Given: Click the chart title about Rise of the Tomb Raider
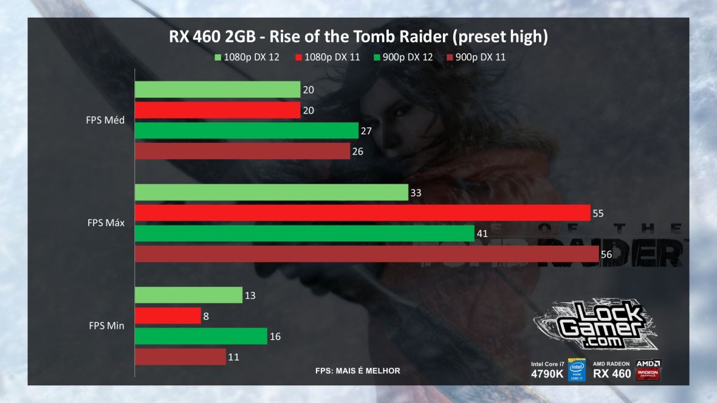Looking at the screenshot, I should pos(358,37).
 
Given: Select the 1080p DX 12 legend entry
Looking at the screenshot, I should pos(247,57).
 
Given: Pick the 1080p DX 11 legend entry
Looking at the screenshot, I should pos(329,57).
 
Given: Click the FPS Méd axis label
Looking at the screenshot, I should pos(105,120).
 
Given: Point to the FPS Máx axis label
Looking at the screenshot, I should pos(105,222).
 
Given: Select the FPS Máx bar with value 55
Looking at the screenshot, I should pos(362,213).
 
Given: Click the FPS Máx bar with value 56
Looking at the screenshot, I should pos(366,254).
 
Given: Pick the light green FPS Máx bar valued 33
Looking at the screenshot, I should pos(271,192).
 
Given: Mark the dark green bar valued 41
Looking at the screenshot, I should pos(304,233).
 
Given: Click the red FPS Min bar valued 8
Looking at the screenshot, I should pos(167,315).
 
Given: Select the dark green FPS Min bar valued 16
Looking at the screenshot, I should pos(201,336).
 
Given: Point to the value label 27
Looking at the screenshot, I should pos(366,131).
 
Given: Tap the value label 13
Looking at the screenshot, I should pos(250,295).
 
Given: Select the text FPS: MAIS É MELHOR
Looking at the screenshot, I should pos(357,371).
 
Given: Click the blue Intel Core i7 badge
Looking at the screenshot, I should pos(576,370).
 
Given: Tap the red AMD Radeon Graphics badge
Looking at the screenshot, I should pos(648,370).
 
